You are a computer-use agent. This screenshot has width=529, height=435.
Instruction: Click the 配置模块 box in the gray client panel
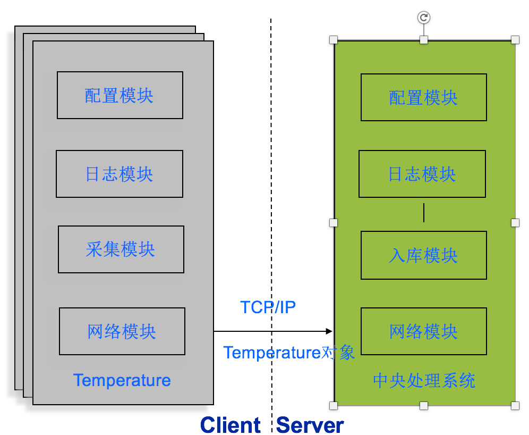(120, 95)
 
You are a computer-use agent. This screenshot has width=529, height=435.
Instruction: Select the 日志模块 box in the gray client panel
(120, 174)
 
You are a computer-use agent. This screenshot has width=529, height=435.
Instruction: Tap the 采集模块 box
(121, 249)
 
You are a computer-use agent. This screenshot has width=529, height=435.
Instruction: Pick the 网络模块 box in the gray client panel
(122, 331)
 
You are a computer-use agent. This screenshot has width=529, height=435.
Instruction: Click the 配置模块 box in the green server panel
(423, 97)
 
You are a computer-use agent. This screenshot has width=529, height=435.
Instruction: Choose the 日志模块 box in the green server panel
(422, 174)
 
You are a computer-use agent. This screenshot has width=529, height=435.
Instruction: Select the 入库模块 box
(423, 255)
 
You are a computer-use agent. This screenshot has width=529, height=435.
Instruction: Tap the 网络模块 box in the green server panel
(423, 331)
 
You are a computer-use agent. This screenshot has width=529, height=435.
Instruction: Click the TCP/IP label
(268, 307)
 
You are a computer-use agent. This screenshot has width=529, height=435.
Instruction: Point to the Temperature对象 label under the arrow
(289, 353)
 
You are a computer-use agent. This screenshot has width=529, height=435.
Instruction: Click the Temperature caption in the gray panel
(122, 380)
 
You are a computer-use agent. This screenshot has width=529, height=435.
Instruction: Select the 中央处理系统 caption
(424, 381)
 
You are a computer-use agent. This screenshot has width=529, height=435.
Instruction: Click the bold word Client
(231, 425)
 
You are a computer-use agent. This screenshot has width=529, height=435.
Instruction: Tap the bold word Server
(310, 425)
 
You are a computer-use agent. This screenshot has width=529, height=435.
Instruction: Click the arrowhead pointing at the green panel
(329, 331)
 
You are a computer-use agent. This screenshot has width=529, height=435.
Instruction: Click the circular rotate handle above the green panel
(423, 18)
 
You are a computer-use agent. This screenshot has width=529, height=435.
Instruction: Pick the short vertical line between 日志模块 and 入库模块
(423, 213)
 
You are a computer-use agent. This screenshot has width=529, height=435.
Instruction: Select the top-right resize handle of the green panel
(515, 40)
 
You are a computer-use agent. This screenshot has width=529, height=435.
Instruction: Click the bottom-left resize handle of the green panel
(334, 406)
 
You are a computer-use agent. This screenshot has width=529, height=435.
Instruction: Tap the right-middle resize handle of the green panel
(515, 223)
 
